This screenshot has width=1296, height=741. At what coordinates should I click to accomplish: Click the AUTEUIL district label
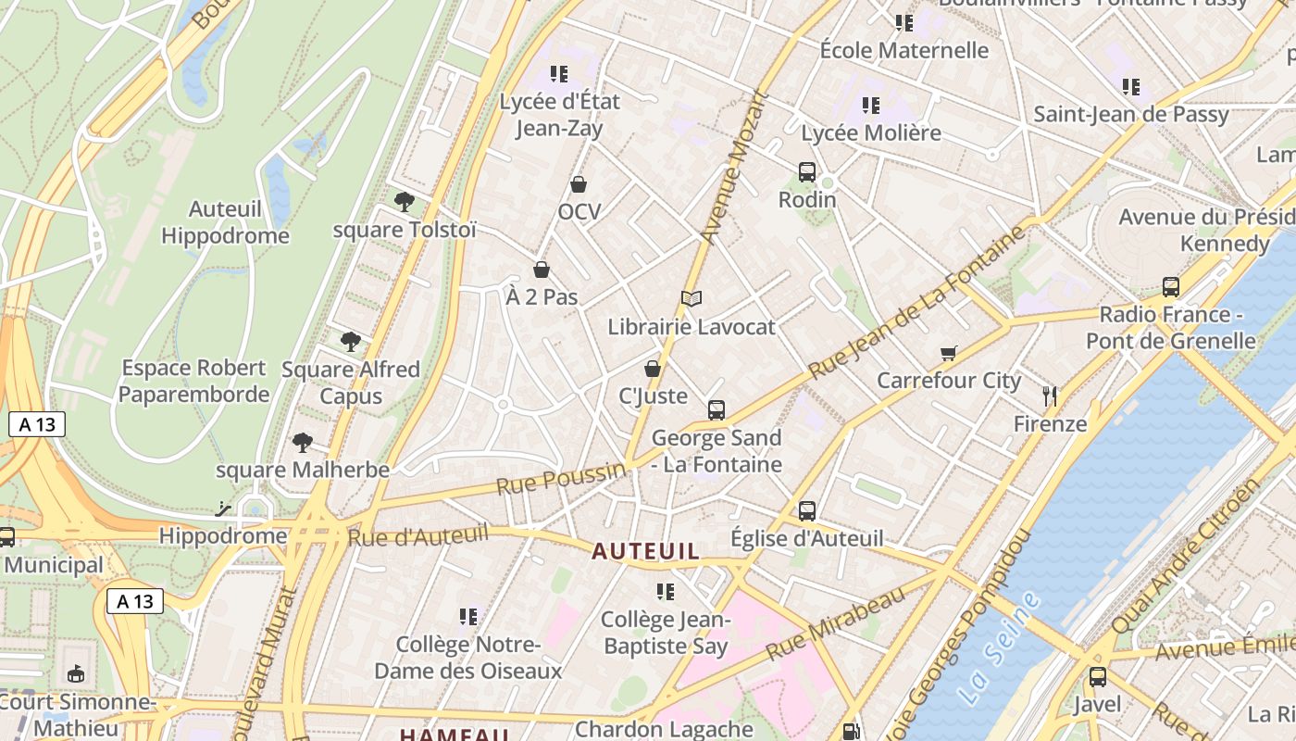pos(645,552)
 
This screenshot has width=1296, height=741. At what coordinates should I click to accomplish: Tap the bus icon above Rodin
pos(806,171)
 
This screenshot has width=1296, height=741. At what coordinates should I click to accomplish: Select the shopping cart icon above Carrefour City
pos(948,352)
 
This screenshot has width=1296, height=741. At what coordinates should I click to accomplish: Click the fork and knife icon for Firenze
pos(1050,396)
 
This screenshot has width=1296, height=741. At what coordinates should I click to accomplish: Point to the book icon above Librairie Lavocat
pos(691,298)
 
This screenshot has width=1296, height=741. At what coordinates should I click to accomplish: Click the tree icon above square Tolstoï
pos(404,201)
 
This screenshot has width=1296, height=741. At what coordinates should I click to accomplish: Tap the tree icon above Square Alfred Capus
pos(350,341)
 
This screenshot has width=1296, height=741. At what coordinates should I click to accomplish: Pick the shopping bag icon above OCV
pos(579,184)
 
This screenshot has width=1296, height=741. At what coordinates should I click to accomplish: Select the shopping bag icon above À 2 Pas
pos(542,270)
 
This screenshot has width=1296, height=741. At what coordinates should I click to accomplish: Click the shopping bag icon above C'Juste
pos(653,369)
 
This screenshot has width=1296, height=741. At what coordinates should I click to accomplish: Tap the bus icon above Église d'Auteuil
pos(806,510)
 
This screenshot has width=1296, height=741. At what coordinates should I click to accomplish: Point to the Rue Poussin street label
pos(561,479)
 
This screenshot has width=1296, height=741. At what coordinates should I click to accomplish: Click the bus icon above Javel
pos(1097,677)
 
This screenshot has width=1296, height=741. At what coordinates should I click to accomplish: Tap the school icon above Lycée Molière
pos(870,106)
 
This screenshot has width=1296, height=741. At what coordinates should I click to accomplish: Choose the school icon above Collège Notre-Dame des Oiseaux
pos(468,616)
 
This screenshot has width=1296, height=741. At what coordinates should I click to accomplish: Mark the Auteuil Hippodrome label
pos(225,222)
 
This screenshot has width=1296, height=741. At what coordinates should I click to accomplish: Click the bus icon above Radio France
pos(1171,287)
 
